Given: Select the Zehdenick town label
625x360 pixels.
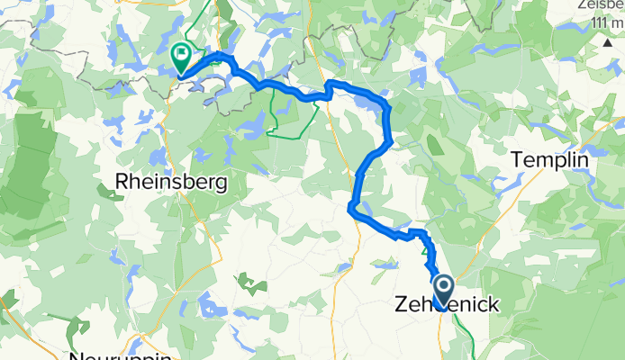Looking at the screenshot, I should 445,306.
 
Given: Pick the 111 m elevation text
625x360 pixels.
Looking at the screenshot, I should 594,22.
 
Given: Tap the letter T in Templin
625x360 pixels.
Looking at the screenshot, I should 517,159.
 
